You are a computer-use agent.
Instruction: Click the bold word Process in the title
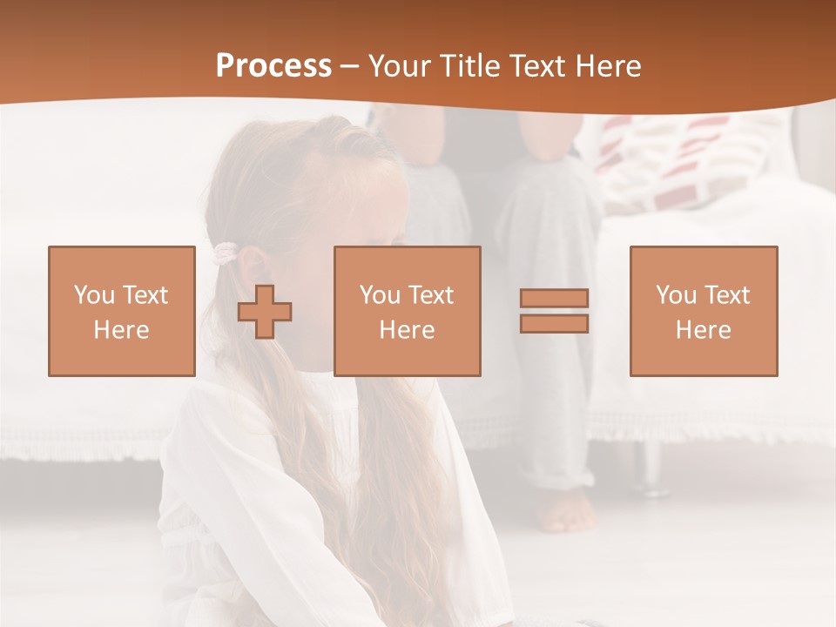[273, 66]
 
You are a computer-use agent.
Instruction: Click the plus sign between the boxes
[265, 312]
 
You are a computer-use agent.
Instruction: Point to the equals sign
[554, 311]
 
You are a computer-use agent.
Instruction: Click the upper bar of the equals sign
[554, 298]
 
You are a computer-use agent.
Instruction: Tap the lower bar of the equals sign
[554, 324]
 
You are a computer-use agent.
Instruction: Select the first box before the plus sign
[121, 311]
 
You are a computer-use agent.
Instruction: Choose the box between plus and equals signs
[407, 311]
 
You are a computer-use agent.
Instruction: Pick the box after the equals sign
[703, 311]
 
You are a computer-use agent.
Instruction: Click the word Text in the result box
[726, 295]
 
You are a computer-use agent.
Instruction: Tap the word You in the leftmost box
[94, 295]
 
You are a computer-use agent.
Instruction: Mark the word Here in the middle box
[407, 330]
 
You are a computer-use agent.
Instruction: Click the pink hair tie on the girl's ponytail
[226, 253]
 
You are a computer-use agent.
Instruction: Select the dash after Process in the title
[350, 66]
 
